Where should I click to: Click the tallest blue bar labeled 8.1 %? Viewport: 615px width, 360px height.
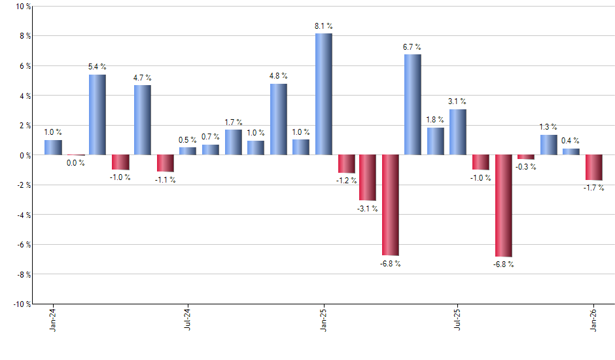point(323,94)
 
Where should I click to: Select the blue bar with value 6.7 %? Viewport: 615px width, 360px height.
point(412,105)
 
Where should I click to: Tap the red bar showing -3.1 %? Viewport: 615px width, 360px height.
point(368,177)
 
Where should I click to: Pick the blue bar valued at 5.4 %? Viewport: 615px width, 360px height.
point(97,115)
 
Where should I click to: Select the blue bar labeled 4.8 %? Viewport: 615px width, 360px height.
point(278,119)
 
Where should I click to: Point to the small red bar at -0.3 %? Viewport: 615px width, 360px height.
point(525,157)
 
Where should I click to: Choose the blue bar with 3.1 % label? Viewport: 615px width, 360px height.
point(458,132)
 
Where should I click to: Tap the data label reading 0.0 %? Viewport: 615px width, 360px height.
point(75,163)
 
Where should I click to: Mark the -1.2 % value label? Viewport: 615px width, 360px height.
point(347,181)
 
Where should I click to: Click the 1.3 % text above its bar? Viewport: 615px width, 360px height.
point(548,127)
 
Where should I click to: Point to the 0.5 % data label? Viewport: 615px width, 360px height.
point(188,140)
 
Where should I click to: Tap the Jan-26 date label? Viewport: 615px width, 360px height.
point(593,319)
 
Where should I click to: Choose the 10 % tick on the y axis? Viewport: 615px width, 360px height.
point(23,7)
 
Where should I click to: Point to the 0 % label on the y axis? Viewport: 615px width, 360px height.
point(24,155)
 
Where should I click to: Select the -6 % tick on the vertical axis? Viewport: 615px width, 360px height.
point(23,244)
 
